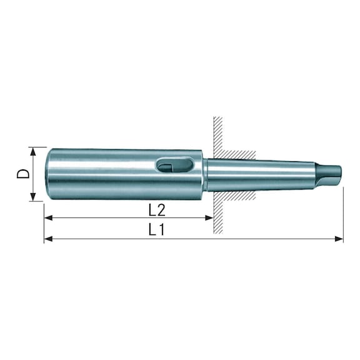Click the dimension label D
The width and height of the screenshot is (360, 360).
[23, 173]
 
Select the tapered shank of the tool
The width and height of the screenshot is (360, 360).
[262, 174]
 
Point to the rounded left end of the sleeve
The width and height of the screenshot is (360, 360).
[47, 174]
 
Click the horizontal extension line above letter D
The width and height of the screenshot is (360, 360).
[37, 147]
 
